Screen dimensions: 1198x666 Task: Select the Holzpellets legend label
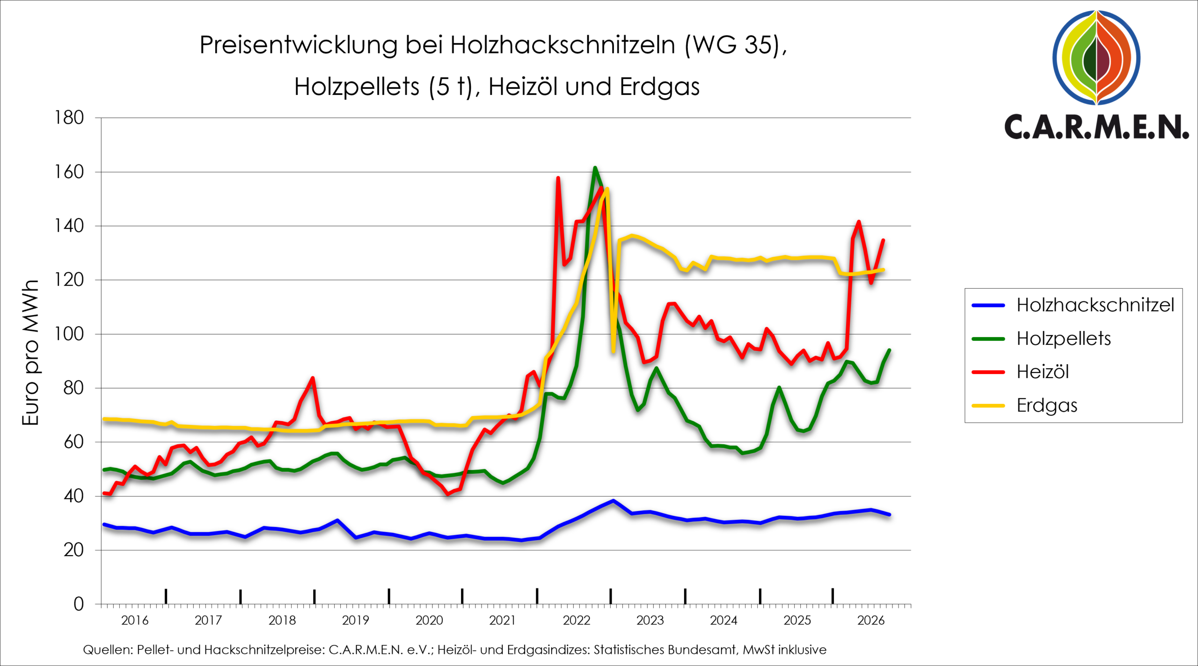(x=1041, y=339)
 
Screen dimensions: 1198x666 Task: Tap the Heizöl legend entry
(x=1021, y=372)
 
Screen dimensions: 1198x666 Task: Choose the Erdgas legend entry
(x=1024, y=405)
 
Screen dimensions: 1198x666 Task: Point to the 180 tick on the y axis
(x=69, y=117)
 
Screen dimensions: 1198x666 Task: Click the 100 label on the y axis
(x=69, y=334)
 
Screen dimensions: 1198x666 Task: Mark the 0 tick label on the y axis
(x=79, y=604)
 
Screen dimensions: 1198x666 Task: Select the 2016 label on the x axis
(x=135, y=620)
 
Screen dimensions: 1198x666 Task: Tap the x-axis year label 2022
(x=577, y=620)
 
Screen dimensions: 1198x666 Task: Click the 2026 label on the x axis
(x=871, y=620)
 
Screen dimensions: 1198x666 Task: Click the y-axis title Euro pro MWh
(x=30, y=352)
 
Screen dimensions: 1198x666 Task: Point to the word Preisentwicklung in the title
(x=299, y=45)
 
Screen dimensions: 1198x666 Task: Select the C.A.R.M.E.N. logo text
(x=1096, y=126)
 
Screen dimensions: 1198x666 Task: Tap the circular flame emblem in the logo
(x=1096, y=57)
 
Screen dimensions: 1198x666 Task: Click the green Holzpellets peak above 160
(x=595, y=168)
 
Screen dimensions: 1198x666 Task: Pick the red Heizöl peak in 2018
(x=313, y=378)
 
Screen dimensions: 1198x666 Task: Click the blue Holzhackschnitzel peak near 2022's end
(x=613, y=500)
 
